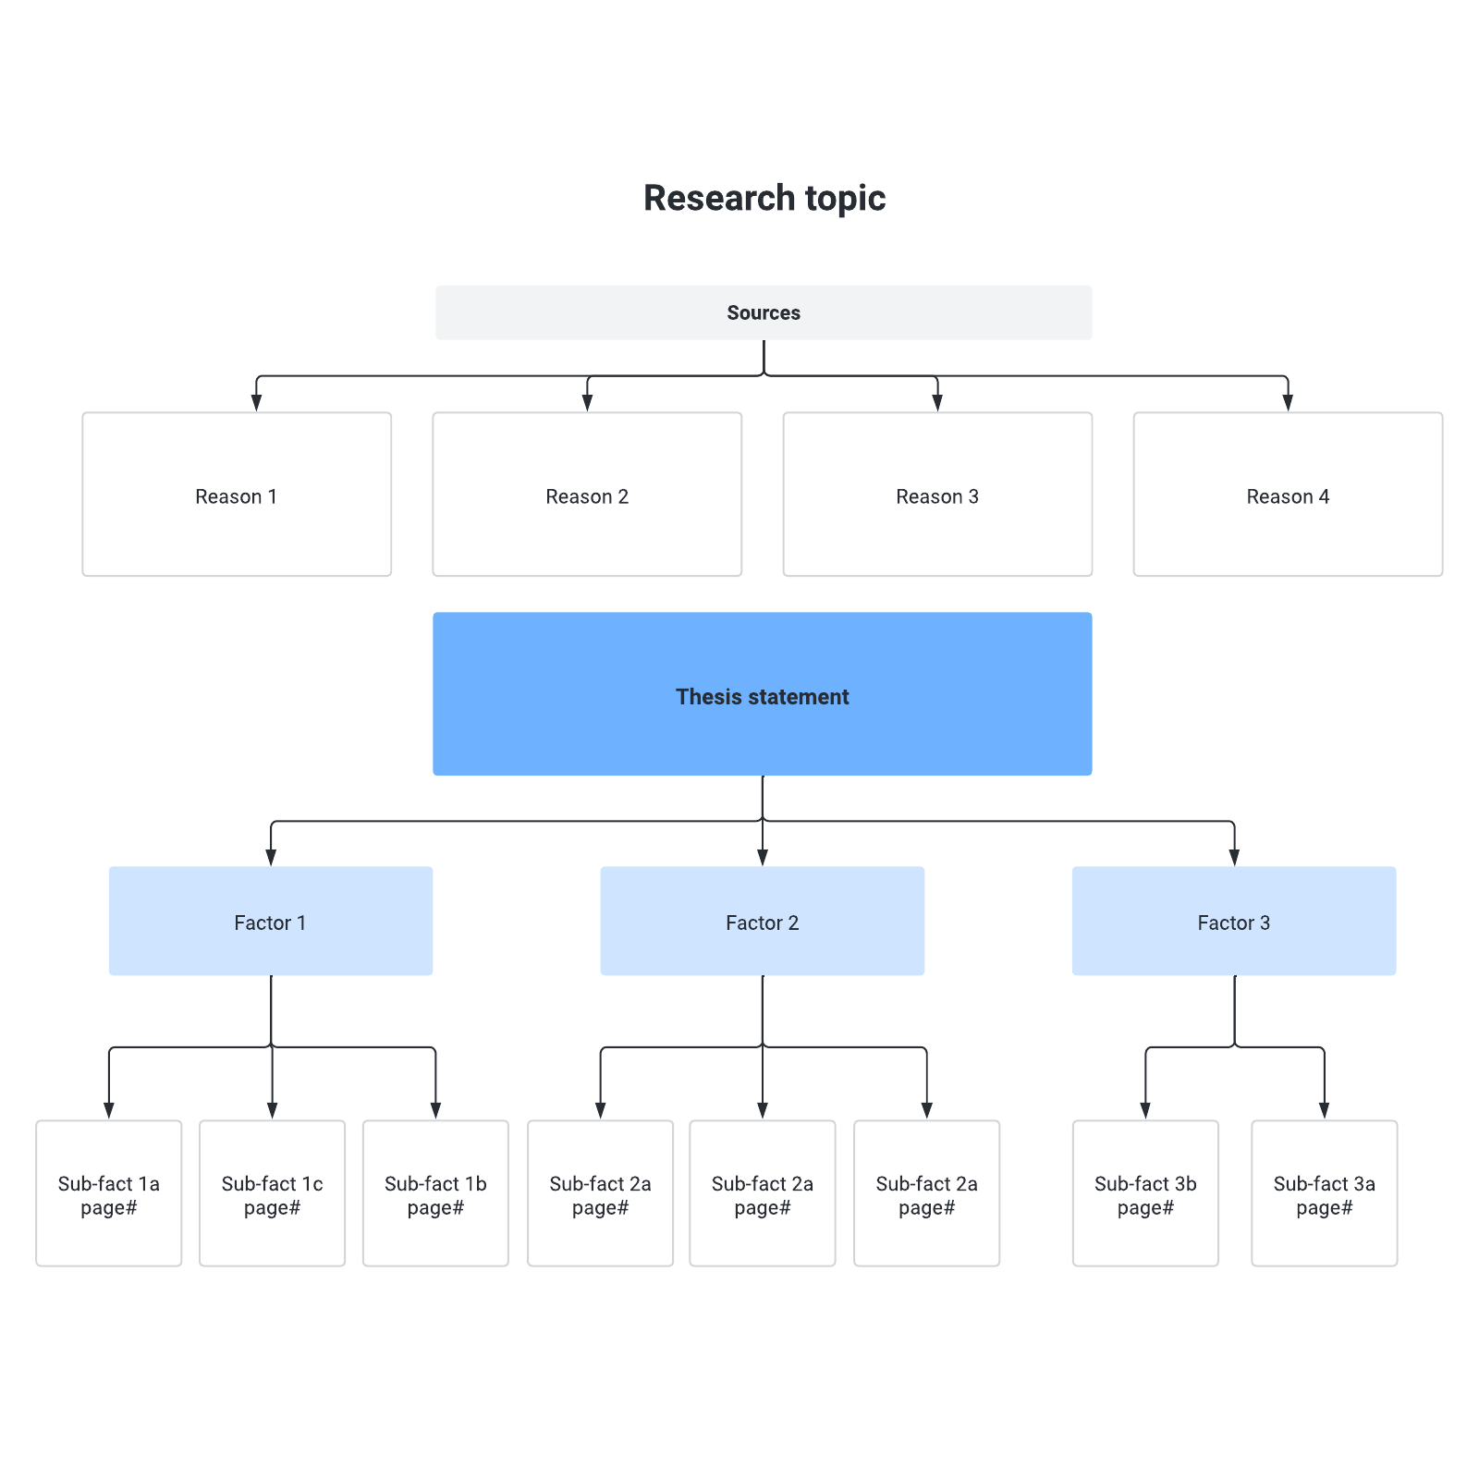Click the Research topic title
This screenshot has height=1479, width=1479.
click(764, 198)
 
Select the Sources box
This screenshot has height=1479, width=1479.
click(764, 312)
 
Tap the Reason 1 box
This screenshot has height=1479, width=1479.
click(237, 495)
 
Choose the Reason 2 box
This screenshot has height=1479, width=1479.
click(587, 495)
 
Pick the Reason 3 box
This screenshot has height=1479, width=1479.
click(937, 495)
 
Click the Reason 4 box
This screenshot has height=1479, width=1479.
click(1288, 495)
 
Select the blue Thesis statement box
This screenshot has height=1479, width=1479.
click(762, 694)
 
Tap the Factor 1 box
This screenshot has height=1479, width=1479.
click(271, 921)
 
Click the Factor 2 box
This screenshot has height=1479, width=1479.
click(762, 921)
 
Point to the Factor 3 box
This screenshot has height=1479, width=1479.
click(1234, 921)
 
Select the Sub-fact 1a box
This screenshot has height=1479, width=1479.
click(109, 1193)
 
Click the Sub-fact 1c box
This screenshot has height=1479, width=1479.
click(272, 1193)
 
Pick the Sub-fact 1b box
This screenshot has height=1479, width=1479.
click(435, 1193)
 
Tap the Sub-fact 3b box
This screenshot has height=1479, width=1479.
click(1145, 1193)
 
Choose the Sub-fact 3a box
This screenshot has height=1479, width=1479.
click(1324, 1193)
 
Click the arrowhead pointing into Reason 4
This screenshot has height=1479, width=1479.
click(1288, 403)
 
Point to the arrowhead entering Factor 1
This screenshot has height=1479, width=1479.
click(271, 857)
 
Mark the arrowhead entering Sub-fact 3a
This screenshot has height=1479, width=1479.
click(1324, 1111)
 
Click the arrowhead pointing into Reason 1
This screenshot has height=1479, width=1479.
click(257, 403)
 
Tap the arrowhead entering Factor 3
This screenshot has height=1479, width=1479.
click(1234, 857)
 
